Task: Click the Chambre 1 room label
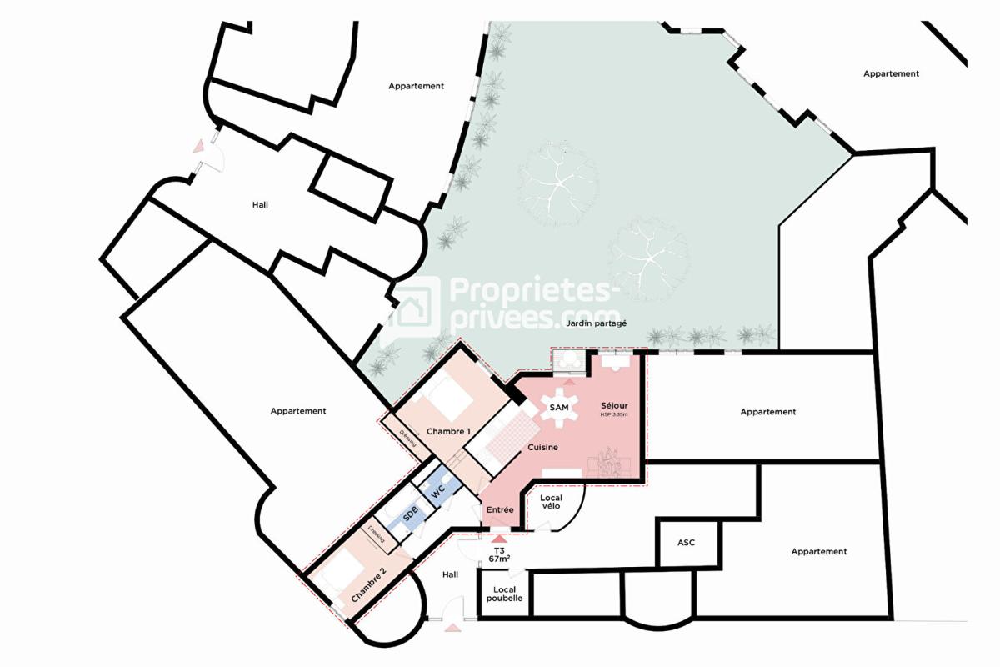449,431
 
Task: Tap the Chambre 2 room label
368,585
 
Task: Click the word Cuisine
542,448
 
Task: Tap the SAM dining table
559,407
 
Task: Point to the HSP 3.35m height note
615,415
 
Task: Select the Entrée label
499,509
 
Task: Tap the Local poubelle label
502,594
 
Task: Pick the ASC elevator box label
686,543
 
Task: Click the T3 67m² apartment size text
500,555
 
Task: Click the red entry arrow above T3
499,539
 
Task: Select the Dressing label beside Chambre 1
407,438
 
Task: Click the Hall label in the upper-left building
261,204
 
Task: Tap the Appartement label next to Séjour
767,411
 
